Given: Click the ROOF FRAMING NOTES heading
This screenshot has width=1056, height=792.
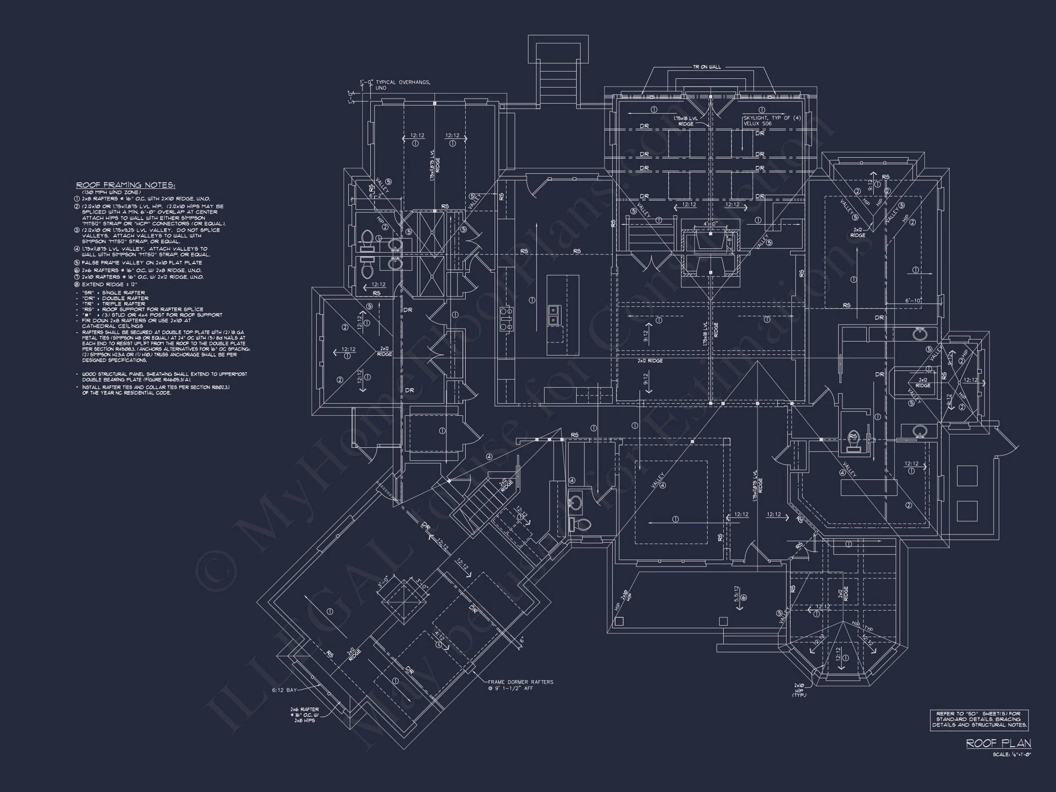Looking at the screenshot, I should click(126, 185).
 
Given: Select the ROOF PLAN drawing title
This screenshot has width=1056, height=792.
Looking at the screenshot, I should click(998, 743).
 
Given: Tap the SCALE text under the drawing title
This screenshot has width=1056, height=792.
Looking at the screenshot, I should click(1012, 754).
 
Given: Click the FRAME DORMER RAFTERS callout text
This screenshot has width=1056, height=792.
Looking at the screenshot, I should click(520, 682).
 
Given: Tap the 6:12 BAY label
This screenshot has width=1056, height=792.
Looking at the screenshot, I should click(285, 690).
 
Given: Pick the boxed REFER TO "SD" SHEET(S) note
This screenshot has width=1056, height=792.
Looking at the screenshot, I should click(979, 720).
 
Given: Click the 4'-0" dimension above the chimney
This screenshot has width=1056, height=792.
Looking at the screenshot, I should click(710, 223).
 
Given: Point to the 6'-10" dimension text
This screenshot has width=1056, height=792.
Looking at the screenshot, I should click(913, 301).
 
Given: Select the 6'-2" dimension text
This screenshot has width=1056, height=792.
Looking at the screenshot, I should click(377, 195).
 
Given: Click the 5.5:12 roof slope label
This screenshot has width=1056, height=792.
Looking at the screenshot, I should click(737, 590).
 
